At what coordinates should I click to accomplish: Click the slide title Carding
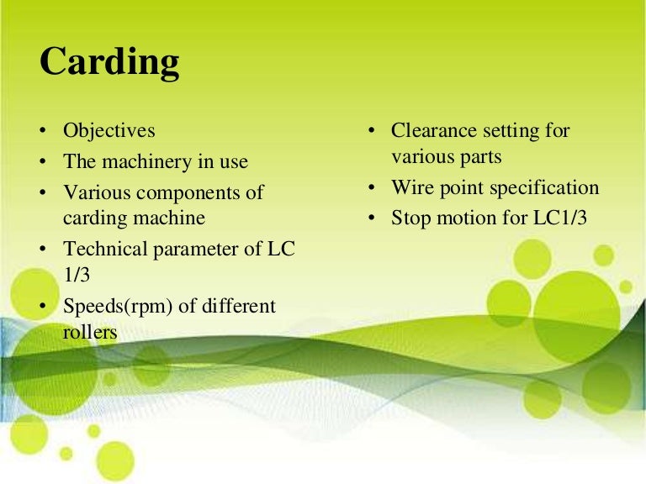click(109, 61)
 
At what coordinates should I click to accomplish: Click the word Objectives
click(109, 131)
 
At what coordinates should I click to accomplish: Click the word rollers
click(90, 333)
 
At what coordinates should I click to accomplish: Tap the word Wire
click(410, 187)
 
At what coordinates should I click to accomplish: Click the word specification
click(544, 187)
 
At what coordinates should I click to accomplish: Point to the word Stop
click(410, 218)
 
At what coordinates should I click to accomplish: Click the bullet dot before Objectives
click(42, 132)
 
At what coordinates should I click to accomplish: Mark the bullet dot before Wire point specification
click(370, 188)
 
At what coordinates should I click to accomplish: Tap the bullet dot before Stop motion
click(370, 218)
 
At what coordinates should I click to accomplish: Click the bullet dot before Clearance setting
click(370, 132)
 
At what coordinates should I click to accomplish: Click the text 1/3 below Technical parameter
click(77, 275)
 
